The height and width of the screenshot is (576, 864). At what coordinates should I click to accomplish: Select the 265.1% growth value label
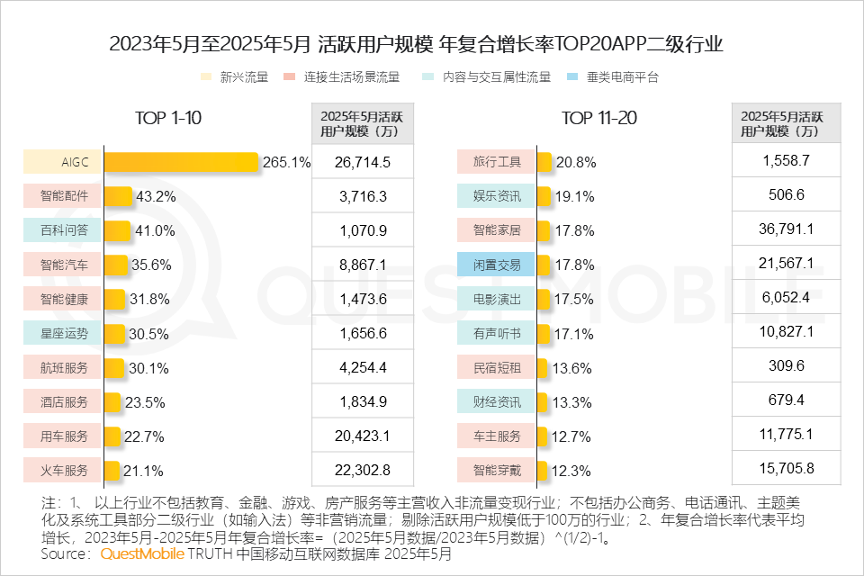286,163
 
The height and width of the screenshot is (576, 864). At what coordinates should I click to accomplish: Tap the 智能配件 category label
64,196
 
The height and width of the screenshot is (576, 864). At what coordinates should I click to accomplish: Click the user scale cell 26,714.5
362,162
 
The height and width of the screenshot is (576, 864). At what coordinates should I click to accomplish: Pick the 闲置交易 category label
497,265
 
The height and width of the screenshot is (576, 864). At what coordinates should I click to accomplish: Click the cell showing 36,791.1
786,229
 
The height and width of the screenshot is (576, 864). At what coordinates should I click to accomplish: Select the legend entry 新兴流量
243,77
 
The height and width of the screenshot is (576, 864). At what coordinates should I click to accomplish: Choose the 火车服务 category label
64,470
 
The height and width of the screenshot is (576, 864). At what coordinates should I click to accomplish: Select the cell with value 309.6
786,366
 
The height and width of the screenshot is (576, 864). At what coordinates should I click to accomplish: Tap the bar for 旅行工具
544,162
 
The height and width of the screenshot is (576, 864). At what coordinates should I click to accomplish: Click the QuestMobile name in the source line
141,555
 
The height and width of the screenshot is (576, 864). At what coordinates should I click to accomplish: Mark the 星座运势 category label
64,333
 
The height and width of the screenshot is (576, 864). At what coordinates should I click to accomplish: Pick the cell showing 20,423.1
362,436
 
